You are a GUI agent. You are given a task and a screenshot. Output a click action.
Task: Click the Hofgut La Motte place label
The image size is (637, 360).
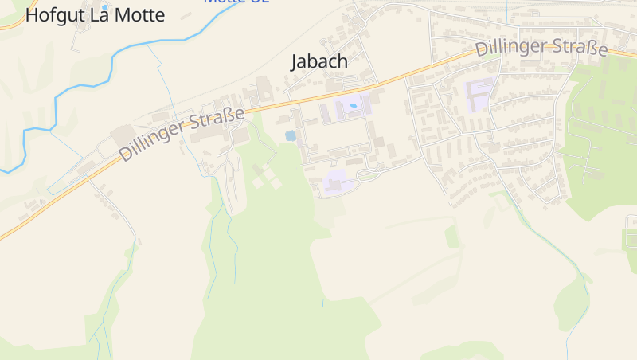[x=95, y=15]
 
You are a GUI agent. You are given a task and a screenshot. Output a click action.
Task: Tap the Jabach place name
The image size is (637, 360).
[x=319, y=61]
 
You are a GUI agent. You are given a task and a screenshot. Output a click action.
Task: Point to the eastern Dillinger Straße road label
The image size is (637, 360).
[x=541, y=48]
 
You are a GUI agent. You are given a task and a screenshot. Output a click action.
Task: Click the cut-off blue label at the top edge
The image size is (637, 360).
[x=236, y=2]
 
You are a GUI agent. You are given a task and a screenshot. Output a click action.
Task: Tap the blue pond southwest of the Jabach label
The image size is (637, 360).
[x=291, y=136]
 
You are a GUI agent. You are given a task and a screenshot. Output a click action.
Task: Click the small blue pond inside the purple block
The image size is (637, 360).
[x=353, y=105]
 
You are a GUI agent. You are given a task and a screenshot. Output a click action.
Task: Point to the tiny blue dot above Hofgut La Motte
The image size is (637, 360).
[x=104, y=6]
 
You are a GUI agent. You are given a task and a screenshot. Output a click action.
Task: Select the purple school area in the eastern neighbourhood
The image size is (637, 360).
[x=479, y=95]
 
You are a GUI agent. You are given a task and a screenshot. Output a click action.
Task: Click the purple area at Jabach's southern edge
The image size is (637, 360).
[x=339, y=182]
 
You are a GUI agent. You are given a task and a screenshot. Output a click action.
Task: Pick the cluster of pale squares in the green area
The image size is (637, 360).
[x=266, y=176]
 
